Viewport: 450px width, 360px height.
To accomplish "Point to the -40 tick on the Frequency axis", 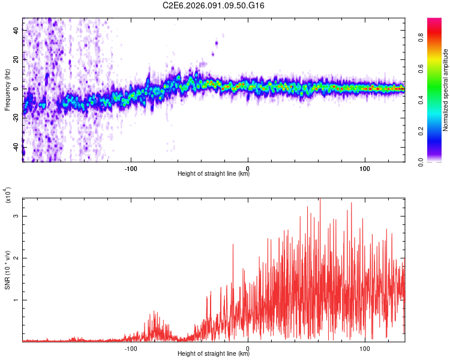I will (x=23, y=146).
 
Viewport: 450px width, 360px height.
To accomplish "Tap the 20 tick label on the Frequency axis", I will (x=16, y=59).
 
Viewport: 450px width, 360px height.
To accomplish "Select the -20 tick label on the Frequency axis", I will (x=14, y=118).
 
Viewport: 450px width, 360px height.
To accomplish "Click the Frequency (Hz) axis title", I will (x=7, y=89).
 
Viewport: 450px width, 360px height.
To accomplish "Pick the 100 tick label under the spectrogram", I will (x=365, y=167).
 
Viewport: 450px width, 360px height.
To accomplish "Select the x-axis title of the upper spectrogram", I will (x=214, y=174).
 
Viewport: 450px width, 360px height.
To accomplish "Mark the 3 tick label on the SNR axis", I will (x=17, y=215).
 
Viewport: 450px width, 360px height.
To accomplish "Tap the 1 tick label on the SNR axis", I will (x=17, y=300).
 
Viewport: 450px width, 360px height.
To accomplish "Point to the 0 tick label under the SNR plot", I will (x=248, y=347).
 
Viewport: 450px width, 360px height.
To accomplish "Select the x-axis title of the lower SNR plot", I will (x=214, y=354).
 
